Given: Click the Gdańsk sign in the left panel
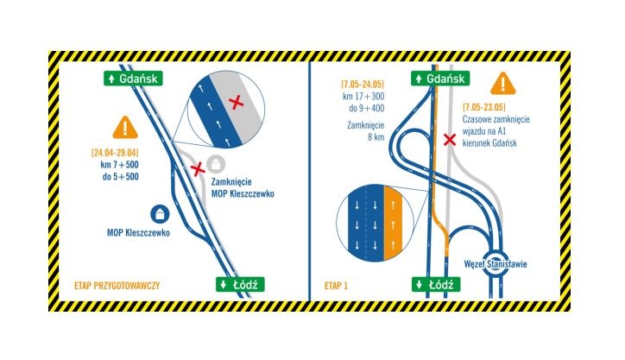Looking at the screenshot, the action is tap(133, 79).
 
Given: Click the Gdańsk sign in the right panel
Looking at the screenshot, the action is tap(440, 79).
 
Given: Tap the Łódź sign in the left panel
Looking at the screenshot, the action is tap(240, 284).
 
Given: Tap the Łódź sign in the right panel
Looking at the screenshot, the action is tap(436, 285).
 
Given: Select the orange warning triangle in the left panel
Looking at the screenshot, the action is tap(125, 128).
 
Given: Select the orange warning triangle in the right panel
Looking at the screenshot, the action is tap(503, 84).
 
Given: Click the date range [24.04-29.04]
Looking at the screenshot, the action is tap(115, 152).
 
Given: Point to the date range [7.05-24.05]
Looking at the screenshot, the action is tap(363, 84).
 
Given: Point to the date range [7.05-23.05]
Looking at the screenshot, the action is tap(484, 107).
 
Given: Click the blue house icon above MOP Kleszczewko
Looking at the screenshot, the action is tap(160, 214).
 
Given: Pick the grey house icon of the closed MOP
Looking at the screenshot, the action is tap(216, 164).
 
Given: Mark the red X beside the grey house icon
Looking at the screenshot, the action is tap(198, 169).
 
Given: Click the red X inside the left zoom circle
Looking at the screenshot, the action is tap(237, 103).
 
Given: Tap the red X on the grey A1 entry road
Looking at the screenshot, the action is tap(450, 140).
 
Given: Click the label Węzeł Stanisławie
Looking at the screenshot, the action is tap(496, 264).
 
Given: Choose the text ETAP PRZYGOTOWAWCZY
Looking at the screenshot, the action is tap(117, 286).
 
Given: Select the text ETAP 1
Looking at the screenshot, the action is tap(336, 286).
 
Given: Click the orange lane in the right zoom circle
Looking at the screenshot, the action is tap(393, 223).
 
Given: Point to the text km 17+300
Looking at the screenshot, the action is tap(363, 96).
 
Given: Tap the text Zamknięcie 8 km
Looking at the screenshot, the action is tap(365, 131).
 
